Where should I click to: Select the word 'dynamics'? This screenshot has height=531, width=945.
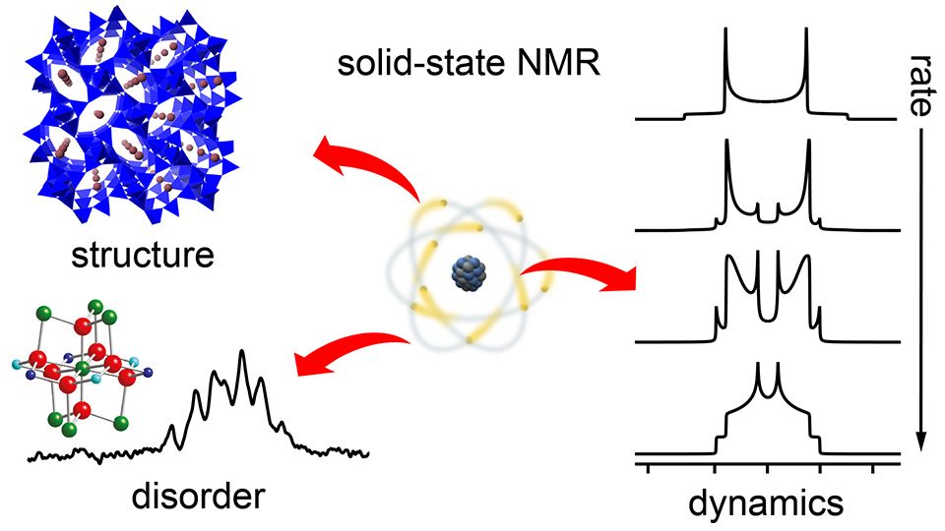767,502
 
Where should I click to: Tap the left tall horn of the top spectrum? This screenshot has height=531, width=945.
725,39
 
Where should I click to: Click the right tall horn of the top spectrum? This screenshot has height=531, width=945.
806,39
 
